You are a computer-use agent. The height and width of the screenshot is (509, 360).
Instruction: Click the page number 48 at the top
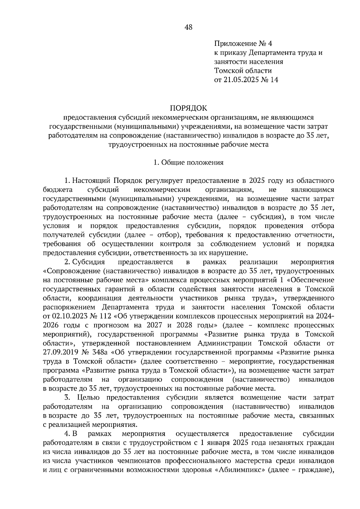(189, 28)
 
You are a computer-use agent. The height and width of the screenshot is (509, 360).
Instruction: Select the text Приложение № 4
(243, 44)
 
